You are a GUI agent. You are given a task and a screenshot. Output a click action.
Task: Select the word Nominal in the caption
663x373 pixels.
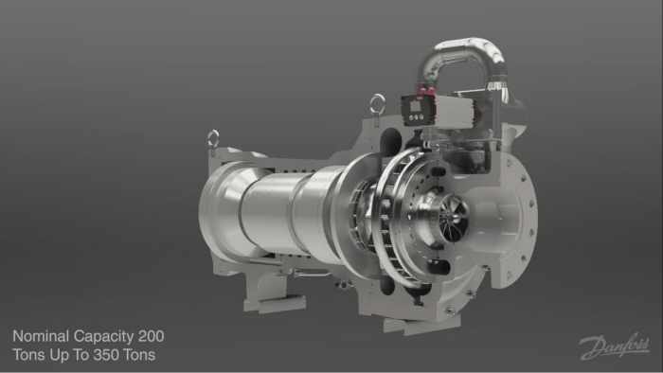point(40,336)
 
